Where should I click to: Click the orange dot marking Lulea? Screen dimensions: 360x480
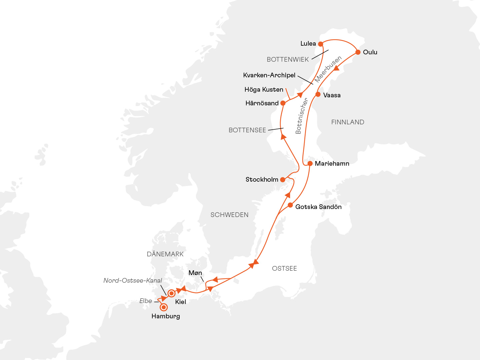coord(320,44)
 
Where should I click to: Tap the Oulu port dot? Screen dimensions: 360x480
coord(358,52)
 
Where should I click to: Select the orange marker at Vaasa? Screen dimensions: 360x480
coord(318,94)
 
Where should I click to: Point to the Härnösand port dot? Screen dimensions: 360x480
coord(283,103)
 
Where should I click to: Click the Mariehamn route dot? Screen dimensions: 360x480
coord(310,164)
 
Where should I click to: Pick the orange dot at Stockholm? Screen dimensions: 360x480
coord(283,180)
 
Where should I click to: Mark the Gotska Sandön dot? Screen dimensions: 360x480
coord(290,205)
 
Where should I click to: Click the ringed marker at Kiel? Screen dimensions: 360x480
coord(171,293)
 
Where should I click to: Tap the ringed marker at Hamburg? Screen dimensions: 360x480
coord(164,307)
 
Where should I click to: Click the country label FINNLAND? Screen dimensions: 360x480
coord(348,122)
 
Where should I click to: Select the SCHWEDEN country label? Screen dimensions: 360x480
coord(229,215)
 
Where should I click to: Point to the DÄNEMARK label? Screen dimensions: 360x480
coord(165,254)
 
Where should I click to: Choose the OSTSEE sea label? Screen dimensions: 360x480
coord(284,268)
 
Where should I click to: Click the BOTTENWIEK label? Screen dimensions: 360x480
coord(288,60)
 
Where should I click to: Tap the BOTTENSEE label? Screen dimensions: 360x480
coord(247,130)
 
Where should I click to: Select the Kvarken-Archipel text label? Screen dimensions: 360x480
coord(269,75)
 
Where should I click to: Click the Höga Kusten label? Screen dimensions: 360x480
coord(264,90)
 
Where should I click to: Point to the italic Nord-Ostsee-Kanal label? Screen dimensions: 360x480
coord(133,280)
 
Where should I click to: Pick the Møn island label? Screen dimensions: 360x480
coord(195,273)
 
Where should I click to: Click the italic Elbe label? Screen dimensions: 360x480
coord(146,301)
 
